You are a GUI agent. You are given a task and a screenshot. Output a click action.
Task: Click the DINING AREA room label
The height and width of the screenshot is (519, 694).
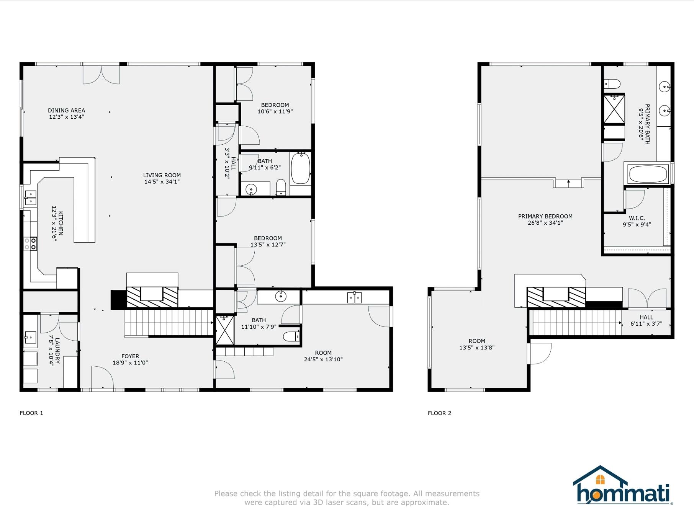coord(66,111)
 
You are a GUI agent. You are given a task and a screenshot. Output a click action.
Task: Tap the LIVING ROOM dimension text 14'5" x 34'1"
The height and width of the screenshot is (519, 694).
coord(162,182)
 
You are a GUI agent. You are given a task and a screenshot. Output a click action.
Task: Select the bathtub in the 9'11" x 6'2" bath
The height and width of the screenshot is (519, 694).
coord(300,169)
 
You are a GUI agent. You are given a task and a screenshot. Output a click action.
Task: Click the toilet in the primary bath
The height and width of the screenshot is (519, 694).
coord(612,83)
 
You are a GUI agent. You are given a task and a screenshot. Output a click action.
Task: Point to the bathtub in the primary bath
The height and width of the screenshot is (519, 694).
coord(648,174)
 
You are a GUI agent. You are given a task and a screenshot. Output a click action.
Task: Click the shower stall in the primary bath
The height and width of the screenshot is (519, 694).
coord(614,109)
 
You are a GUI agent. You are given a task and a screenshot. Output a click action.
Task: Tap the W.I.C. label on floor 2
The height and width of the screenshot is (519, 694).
coord(637,218)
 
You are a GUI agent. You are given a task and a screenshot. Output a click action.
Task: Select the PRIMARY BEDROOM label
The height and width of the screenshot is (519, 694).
coord(545,216)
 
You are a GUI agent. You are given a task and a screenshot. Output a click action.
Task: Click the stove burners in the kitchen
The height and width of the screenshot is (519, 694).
coord(30,244)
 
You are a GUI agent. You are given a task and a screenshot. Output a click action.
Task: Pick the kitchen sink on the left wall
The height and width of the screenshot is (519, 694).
coord(30,198)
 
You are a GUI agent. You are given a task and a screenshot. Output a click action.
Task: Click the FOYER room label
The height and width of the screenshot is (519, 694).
coord(130,356)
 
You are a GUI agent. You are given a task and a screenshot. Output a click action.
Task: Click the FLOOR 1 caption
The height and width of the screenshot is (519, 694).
coord(31,413)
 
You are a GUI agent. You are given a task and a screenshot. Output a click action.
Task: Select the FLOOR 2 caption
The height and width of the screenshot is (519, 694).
coord(439,413)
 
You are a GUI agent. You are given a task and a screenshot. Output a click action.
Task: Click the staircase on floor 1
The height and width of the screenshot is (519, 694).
coord(169,323)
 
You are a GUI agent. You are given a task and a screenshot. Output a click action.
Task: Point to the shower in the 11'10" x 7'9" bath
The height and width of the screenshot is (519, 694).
coord(224,330)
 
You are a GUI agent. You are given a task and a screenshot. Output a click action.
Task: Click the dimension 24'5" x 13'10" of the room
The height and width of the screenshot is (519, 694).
coord(323,359)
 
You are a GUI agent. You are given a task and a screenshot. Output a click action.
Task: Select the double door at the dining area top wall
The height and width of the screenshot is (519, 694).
coord(101,75)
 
